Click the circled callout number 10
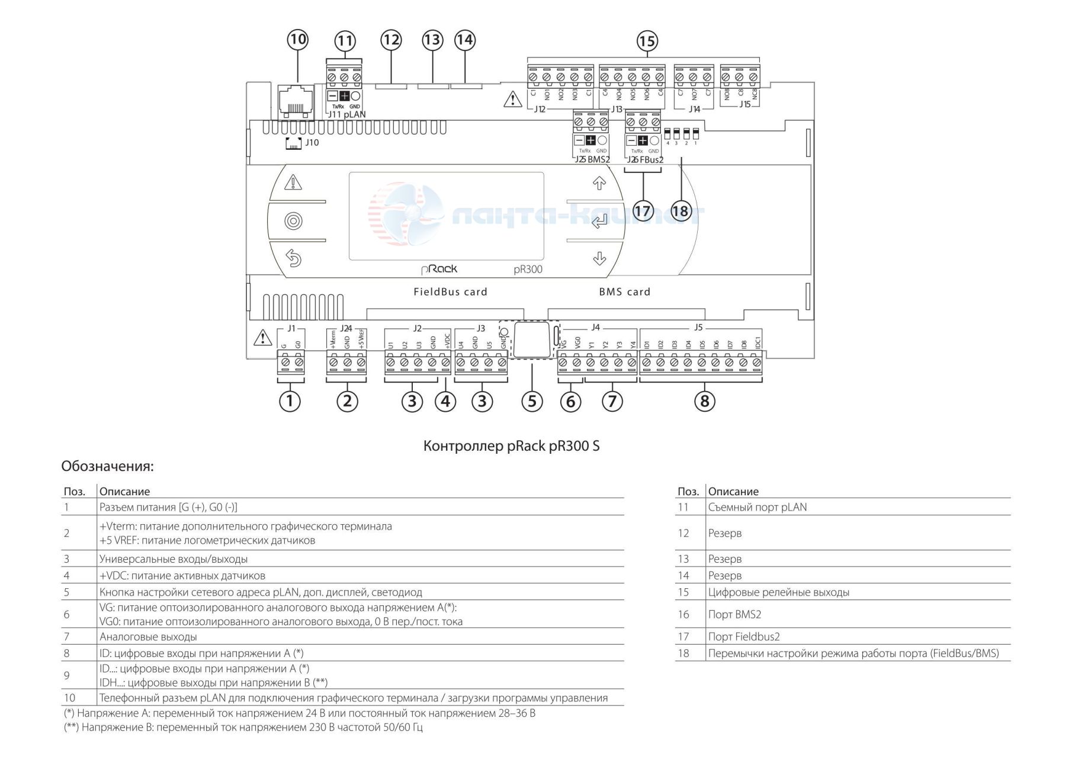297,40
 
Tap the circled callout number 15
647,41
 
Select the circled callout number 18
681,210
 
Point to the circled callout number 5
532,401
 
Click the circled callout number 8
704,401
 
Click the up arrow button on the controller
599,183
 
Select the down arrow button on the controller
599,259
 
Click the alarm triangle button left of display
293,182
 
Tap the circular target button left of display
293,221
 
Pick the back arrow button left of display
293,258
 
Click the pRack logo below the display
439,269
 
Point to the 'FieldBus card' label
450,291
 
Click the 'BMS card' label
624,291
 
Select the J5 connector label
698,328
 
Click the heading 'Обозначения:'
107,466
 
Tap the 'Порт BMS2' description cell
734,614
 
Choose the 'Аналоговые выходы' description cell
148,637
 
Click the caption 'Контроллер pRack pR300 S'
511,446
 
